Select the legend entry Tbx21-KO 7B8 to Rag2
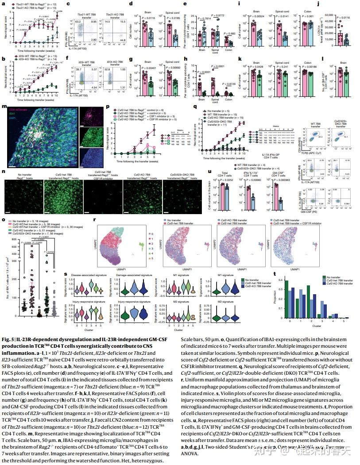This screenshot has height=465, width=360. [x=31, y=8]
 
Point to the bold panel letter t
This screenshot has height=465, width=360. [x=275, y=274]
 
